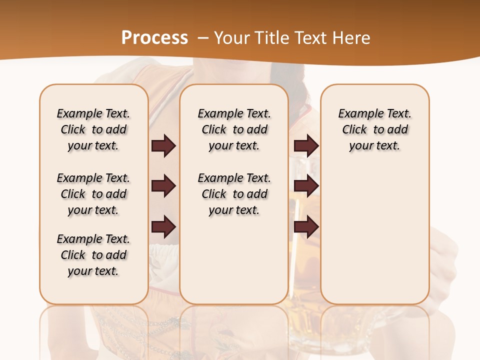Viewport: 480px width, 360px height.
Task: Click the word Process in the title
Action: click(154, 37)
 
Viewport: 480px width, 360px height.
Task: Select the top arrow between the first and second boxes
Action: click(163, 146)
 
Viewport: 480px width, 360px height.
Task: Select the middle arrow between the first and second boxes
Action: click(163, 186)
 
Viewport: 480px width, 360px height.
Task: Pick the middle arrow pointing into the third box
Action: click(306, 186)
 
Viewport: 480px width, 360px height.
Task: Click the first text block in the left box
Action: click(93, 129)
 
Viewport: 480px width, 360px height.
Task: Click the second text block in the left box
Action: click(93, 194)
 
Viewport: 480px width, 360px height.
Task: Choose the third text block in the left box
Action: click(93, 255)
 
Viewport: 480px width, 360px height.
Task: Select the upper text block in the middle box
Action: click(234, 129)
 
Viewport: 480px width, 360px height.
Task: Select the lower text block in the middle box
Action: click(234, 194)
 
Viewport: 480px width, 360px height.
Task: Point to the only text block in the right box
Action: click(374, 129)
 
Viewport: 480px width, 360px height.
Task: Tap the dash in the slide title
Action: click(203, 38)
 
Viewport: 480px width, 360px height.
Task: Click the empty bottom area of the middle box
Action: click(234, 265)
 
